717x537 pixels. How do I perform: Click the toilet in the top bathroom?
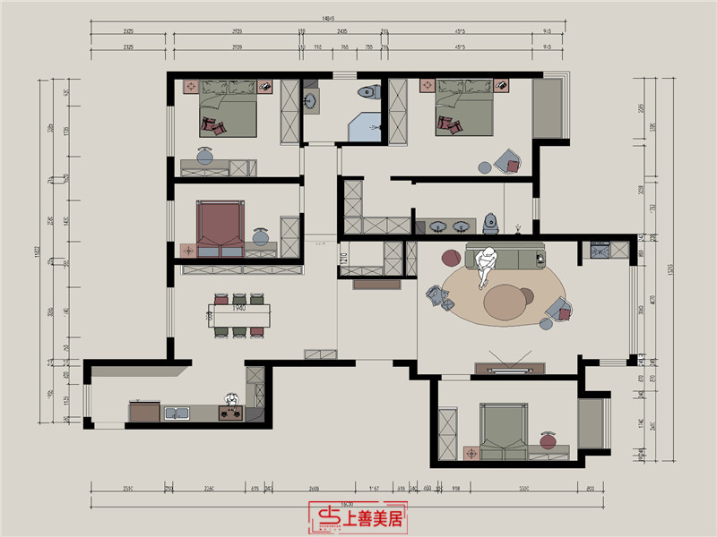366,92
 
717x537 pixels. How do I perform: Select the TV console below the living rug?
510,368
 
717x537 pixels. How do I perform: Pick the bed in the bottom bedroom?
503,430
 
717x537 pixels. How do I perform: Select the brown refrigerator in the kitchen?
143,412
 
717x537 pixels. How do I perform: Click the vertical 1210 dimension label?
343,263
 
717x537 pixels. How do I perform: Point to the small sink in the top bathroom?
311,100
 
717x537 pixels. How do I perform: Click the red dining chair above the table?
257,298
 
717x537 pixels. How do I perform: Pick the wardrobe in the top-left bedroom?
289,112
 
